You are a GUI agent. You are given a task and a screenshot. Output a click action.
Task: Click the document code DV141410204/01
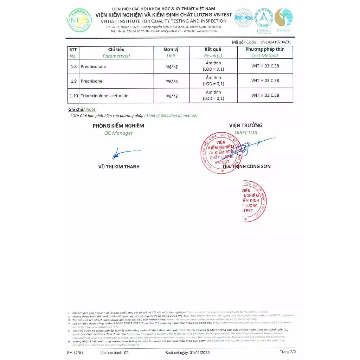(276, 42)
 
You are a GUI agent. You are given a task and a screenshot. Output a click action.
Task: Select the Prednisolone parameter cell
(93, 66)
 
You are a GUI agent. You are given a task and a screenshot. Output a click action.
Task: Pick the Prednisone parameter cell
(91, 81)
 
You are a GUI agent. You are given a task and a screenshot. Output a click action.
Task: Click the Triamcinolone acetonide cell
(104, 96)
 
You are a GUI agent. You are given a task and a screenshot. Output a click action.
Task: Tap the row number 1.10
(74, 96)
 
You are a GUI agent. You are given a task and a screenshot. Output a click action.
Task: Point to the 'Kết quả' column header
(213, 50)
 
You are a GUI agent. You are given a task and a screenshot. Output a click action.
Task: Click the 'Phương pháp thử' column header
(265, 49)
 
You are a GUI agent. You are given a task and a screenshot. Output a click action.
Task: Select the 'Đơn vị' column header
(171, 50)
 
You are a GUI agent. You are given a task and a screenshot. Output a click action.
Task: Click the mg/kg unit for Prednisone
(171, 81)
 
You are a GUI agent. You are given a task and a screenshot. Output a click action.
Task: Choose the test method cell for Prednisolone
(265, 66)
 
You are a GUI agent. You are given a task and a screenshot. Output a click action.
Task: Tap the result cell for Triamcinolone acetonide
(213, 96)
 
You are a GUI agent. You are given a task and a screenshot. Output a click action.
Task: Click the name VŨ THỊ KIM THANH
(119, 167)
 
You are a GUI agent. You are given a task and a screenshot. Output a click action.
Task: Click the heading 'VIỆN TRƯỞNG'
(246, 126)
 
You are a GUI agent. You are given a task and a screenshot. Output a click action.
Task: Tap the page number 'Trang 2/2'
(288, 352)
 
